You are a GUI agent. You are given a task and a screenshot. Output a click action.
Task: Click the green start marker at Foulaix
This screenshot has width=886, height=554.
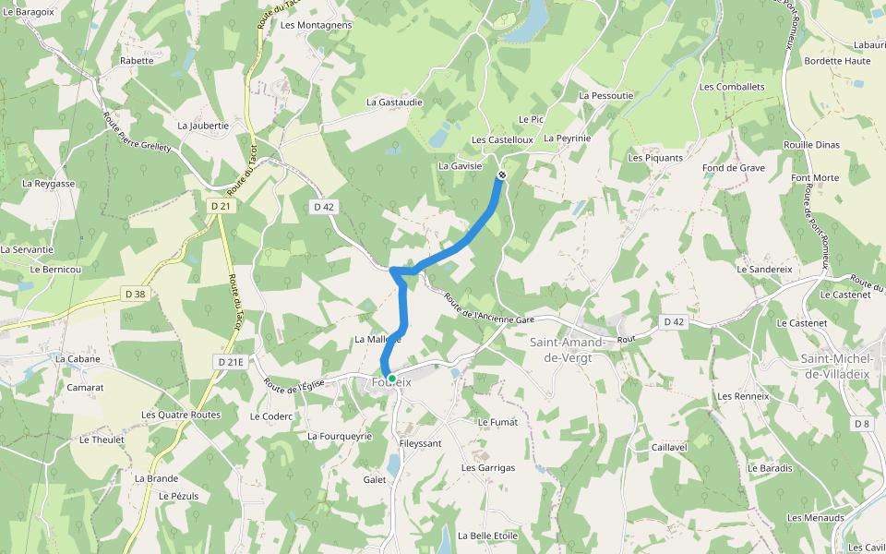tap(391, 379)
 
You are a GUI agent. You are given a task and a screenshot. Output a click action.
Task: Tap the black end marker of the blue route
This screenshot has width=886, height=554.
tap(501, 175)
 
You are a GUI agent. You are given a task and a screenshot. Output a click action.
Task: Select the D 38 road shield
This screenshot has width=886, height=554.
tap(135, 294)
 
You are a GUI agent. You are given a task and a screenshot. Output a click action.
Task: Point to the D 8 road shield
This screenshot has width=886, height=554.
tap(862, 424)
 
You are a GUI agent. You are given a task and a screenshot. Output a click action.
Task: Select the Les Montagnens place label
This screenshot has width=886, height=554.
tap(316, 25)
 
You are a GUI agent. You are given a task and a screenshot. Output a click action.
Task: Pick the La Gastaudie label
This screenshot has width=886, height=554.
tap(394, 102)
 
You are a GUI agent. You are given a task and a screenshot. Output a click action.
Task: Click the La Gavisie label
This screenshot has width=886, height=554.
tap(461, 166)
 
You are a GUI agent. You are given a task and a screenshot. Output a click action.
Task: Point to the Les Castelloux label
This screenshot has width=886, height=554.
tap(502, 140)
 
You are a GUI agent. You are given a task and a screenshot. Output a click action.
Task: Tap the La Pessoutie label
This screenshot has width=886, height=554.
tap(606, 95)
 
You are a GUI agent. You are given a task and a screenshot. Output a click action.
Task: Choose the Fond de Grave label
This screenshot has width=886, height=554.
tap(734, 168)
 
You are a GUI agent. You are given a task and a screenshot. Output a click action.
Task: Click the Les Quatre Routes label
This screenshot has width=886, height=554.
tap(181, 415)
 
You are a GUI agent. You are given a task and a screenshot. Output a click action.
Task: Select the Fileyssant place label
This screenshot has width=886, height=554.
tap(420, 443)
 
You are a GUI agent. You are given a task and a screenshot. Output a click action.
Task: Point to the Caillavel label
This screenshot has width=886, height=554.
tap(669, 447)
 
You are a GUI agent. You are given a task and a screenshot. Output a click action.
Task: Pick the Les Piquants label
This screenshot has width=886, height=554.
tap(655, 158)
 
